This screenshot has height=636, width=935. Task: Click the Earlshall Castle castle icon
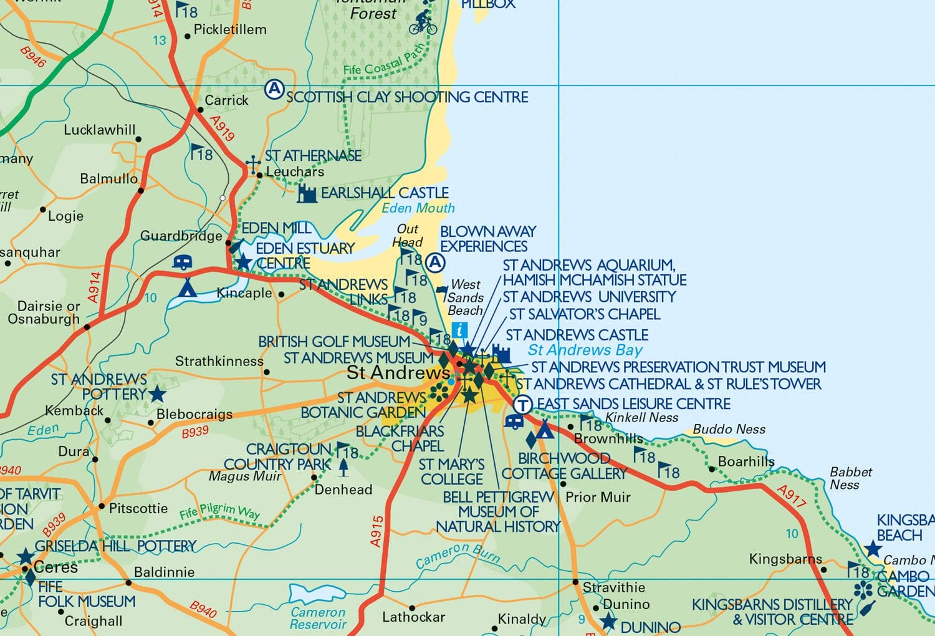pos(307,194)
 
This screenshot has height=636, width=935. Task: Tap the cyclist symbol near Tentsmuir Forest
pos(423,22)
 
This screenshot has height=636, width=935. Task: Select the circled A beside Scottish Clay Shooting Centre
pos(274,89)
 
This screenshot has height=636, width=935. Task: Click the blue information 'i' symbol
pos(459,330)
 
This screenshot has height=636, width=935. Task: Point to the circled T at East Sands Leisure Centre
pos(522,405)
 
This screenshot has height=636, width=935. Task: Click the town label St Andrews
pos(398,373)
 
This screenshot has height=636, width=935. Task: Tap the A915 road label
pos(376,531)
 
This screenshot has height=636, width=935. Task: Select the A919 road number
pos(222,128)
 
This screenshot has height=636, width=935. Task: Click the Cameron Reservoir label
pos(318,619)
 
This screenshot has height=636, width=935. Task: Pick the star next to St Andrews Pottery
pos(157,394)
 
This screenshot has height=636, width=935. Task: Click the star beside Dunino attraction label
pos(608,622)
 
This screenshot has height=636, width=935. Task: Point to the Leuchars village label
pos(295,171)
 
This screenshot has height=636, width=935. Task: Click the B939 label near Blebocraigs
pos(195,431)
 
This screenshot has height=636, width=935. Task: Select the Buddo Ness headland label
pos(729,429)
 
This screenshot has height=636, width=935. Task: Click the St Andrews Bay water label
pos(585,350)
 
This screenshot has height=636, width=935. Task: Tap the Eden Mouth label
pos(418,208)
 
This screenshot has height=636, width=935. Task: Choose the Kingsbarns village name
pos(785,559)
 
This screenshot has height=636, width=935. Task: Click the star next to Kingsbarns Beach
pos(873,549)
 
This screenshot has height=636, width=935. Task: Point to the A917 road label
pos(792,496)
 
